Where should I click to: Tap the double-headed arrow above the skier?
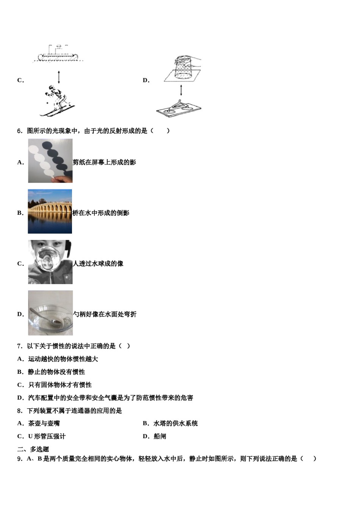pyautogui.click(x=59, y=77)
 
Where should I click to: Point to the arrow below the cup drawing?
pyautogui.click(x=181, y=91)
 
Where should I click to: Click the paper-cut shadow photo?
pyautogui.click(x=50, y=161)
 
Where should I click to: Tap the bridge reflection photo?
pyautogui.click(x=50, y=212)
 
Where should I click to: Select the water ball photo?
pyautogui.click(x=50, y=262)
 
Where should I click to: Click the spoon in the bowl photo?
pyautogui.click(x=50, y=313)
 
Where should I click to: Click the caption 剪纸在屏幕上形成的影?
pyautogui.click(x=104, y=162)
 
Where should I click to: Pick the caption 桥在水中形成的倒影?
pyautogui.click(x=101, y=213)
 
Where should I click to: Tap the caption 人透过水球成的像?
pyautogui.click(x=98, y=264)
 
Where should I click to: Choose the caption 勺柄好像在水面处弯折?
pyautogui.click(x=105, y=314)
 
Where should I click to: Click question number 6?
pyautogui.click(x=20, y=131)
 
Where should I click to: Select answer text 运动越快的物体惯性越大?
pyautogui.click(x=63, y=359)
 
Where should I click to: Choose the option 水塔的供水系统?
pyautogui.click(x=175, y=423)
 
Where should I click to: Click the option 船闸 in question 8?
pyautogui.click(x=160, y=436)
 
